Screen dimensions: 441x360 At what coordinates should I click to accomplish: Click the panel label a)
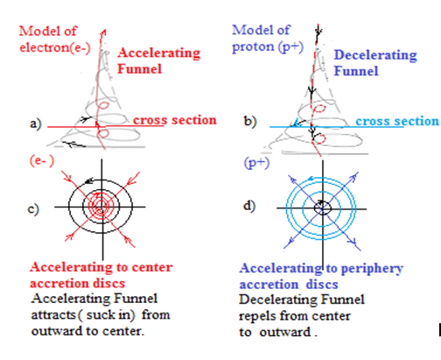coord(36,124)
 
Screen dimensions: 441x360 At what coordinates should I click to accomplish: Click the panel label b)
coord(250,121)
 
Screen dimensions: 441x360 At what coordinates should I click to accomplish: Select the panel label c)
coord(33,209)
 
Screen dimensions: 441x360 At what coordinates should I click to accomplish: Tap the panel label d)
coord(249,206)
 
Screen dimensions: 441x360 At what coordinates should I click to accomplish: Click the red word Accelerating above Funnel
coord(159,53)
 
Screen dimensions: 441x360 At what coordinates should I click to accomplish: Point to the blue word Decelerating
coord(375,55)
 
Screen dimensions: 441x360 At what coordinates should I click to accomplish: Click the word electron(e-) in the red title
coord(55,47)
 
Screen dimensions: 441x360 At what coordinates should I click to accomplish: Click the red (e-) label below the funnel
coord(42,160)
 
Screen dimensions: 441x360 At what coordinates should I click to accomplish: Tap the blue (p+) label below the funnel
coord(256,163)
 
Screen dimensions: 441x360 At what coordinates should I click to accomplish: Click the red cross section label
coord(175,120)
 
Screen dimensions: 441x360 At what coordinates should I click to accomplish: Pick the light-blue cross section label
coord(397,121)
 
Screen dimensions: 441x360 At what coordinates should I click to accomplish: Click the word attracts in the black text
coord(53,315)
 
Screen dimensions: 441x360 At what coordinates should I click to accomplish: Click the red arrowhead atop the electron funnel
coord(103,32)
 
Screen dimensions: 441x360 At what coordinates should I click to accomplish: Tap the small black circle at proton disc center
coord(323,208)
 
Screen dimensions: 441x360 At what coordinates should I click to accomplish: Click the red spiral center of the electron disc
coord(101,206)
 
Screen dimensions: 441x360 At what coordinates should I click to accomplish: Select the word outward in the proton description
coord(284,332)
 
